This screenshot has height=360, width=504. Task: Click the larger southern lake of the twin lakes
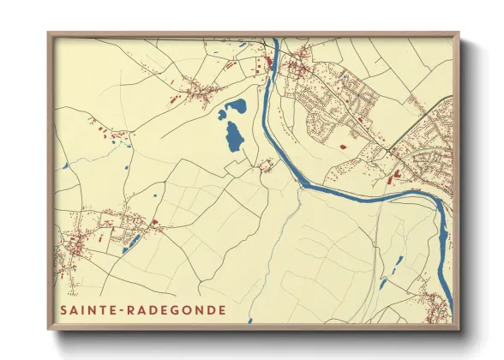232,137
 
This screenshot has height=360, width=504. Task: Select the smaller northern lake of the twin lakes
232,109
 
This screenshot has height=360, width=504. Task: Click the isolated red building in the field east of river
343,147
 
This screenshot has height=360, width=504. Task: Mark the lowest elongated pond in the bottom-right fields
383,284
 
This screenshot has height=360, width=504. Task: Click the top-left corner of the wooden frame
48,33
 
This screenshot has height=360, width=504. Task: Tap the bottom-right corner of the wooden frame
459,330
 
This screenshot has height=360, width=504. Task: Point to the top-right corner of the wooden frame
459,33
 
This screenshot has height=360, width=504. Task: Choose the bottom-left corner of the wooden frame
48,330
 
